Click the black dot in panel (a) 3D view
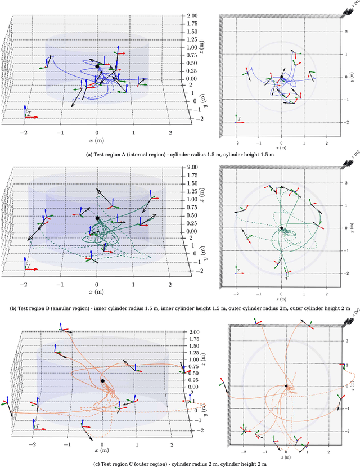[97, 66]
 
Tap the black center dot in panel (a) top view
[282, 77]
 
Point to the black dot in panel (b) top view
[282, 228]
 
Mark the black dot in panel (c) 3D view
[102, 381]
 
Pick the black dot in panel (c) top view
[286, 386]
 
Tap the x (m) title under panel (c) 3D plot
[102, 450]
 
